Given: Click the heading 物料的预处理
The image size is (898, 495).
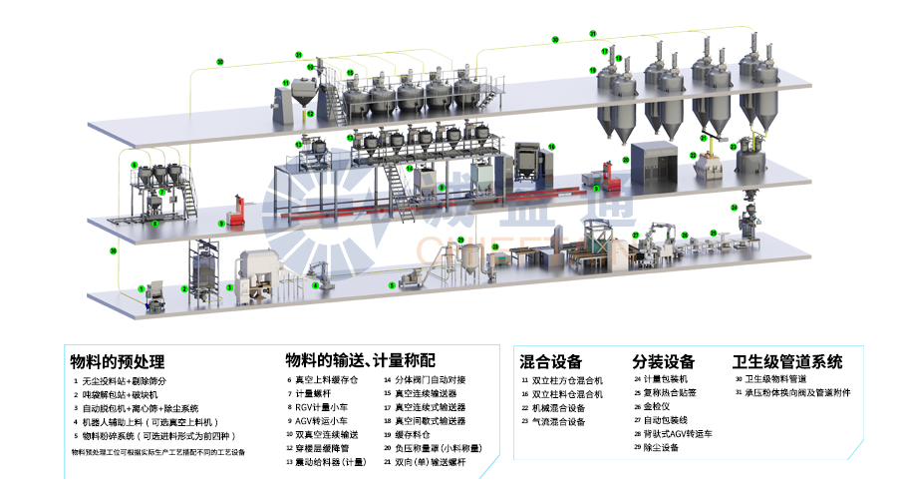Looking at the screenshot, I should tap(117, 361).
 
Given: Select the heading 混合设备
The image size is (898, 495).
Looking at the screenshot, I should tap(551, 361).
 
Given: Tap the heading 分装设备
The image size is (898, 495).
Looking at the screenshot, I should tap(664, 361).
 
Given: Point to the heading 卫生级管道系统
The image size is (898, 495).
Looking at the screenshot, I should tap(787, 361).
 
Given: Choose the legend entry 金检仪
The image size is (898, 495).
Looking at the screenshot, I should tap(659, 407).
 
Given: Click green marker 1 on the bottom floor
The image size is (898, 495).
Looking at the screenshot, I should tap(142, 288).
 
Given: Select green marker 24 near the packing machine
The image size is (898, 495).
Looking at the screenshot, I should tap(735, 208).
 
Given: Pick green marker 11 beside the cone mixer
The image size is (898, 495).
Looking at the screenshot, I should tap(285, 83).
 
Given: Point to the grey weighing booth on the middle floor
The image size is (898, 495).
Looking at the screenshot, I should tap(654, 160).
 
